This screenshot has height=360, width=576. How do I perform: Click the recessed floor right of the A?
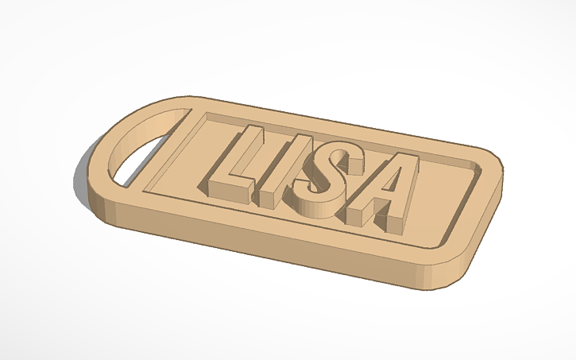445,199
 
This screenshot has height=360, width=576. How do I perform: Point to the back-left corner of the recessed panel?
208,116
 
